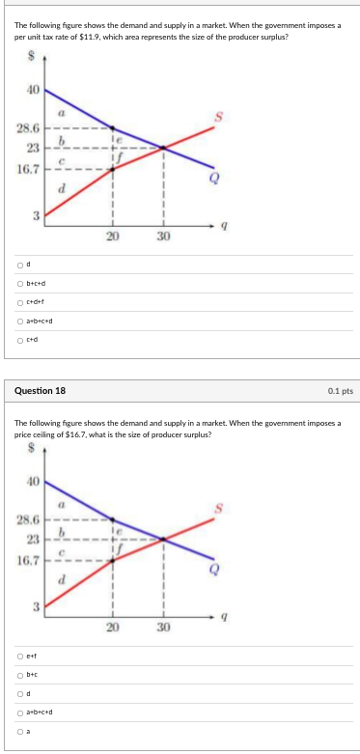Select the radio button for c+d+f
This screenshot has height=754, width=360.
point(19,301)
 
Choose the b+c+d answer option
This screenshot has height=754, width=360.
point(19,283)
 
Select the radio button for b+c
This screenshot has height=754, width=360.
point(19,676)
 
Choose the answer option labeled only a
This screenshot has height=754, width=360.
point(19,731)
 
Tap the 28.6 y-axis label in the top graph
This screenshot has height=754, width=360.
point(28,127)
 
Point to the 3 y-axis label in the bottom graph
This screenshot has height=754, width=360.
point(34,606)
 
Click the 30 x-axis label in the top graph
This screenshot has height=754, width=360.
point(163,237)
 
